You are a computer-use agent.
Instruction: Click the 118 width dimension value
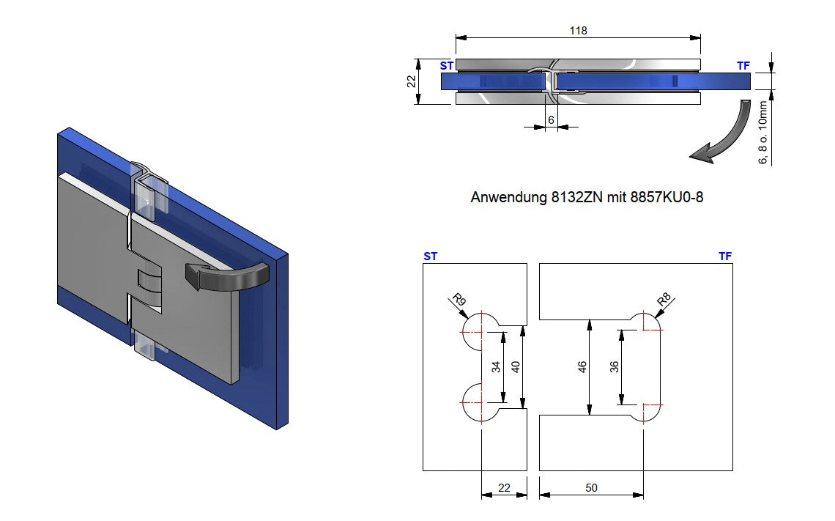579,30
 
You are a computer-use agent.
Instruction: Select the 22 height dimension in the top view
411,81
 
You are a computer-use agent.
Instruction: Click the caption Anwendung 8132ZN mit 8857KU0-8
586,198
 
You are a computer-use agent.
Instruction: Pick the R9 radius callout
459,300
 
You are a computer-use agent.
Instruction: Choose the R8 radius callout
664,300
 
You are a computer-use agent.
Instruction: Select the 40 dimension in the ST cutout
516,366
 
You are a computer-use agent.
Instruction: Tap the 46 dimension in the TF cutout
583,366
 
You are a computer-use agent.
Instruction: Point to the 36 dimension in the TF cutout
615,366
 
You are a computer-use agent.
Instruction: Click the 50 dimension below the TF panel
591,487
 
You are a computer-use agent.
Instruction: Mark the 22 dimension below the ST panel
504,487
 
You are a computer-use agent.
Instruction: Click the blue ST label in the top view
446,66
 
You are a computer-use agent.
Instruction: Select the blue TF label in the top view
743,66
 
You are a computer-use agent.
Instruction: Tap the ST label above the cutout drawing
430,256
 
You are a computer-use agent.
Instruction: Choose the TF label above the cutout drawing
724,256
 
